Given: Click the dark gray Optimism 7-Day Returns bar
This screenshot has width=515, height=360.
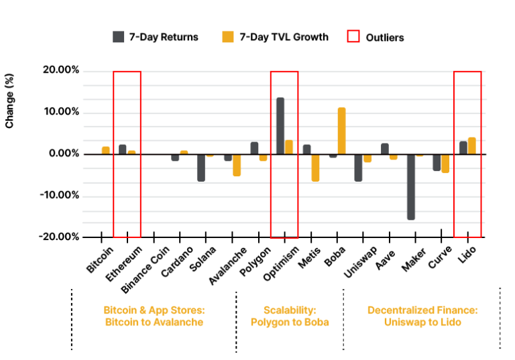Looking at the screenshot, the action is [280, 126].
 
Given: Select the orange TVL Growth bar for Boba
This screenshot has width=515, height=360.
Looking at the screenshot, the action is [341, 131].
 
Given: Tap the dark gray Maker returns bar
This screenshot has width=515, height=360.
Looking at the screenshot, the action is [411, 187].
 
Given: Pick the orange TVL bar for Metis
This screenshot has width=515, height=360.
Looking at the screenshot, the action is [315, 168].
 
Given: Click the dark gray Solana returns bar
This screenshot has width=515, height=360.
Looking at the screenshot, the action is [201, 168].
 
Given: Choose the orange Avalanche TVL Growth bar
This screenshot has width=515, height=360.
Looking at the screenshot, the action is [237, 165].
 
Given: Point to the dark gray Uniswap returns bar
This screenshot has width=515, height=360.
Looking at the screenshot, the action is [358, 168].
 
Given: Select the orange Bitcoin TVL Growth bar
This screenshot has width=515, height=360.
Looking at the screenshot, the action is [106, 150].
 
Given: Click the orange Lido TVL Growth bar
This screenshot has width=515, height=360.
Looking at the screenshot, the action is [472, 146].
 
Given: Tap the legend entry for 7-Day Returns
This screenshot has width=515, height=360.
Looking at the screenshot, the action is [156, 37].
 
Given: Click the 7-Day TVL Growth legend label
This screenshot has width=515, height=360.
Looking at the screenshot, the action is [284, 37].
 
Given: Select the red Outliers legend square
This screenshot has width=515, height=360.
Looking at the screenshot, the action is [353, 36].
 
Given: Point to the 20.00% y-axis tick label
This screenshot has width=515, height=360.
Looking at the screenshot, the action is [61, 70].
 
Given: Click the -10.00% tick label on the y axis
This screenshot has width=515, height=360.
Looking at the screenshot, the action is [60, 196].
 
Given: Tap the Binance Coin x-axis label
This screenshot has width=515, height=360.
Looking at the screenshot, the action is [145, 269].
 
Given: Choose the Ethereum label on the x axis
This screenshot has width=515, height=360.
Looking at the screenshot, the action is [124, 263].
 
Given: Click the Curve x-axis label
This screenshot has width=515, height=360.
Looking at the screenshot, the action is [440, 257].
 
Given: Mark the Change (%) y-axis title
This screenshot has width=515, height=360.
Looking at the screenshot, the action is [9, 101].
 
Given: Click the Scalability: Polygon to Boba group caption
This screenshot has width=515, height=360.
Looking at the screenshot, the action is [290, 316].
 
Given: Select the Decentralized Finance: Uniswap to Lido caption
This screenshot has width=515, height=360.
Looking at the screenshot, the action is [422, 316].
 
